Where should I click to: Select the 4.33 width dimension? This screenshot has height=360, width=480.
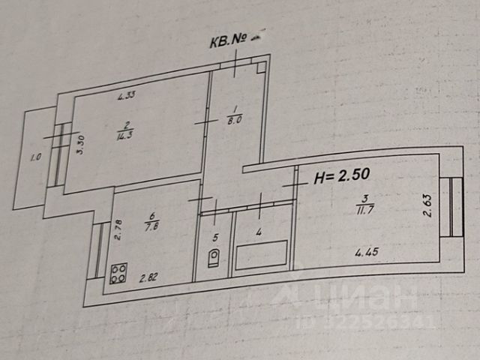126,95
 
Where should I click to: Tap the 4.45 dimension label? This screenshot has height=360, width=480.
366,253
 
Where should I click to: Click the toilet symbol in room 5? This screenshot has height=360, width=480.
214,258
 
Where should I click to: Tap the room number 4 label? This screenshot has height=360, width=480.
259,232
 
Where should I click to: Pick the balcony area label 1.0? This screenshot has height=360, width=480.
34,158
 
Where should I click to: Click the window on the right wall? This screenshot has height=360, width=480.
451,205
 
